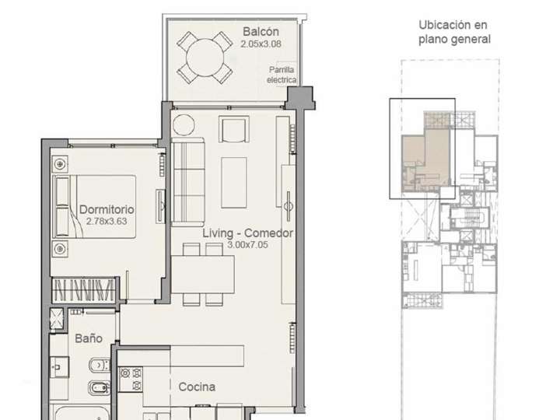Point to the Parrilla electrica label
281,75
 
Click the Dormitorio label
107,209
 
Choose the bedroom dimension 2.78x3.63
107,221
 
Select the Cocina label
197,387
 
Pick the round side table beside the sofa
184,125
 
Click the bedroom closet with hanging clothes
88,291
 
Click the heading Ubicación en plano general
454,32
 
